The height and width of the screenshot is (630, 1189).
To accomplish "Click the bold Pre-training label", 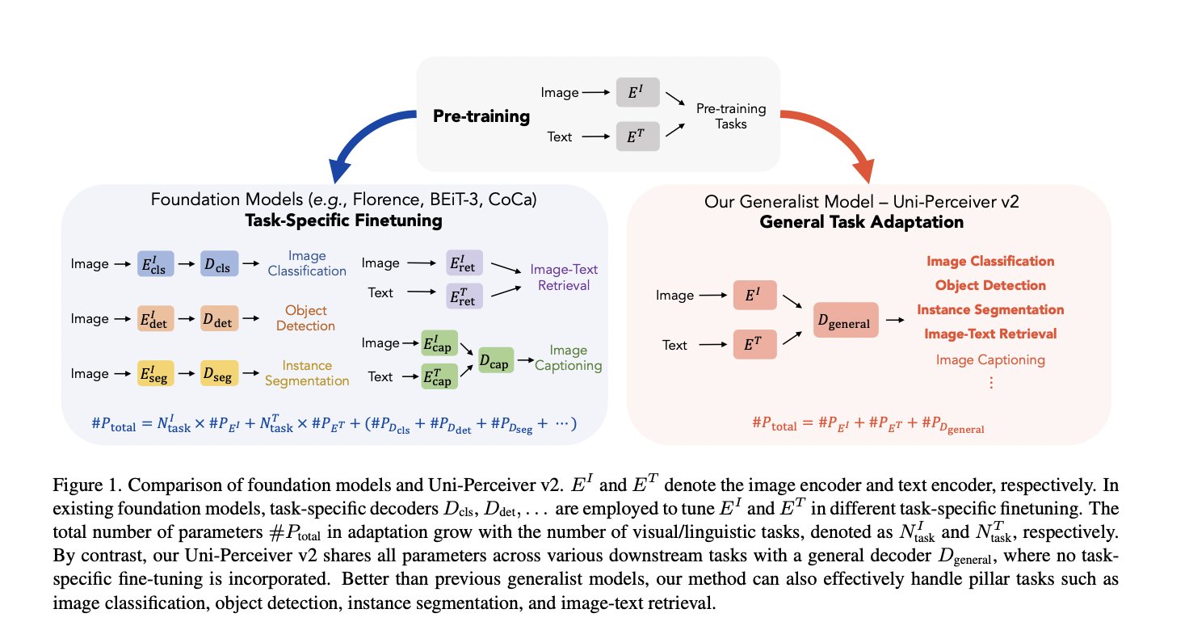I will click(x=481, y=116).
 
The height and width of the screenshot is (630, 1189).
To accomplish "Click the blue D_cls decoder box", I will click(x=220, y=263).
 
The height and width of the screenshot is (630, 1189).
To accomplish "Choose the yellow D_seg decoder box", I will click(x=220, y=373).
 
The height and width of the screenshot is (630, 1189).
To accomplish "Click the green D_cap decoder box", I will click(x=496, y=360).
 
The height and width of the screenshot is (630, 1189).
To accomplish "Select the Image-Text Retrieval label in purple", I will click(x=564, y=277).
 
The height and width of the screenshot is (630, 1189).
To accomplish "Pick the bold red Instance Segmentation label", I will click(x=990, y=309).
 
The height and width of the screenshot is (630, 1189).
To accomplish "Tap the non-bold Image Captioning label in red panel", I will click(x=990, y=359).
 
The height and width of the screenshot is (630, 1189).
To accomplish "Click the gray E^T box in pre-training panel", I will click(x=637, y=136).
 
